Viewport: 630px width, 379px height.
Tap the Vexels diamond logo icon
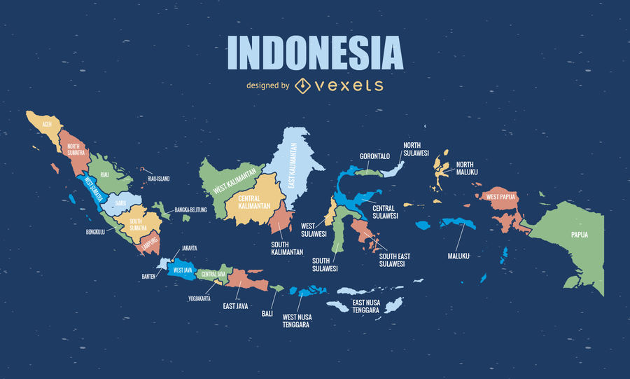[x=302, y=85]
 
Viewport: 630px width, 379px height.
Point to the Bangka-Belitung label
[x=190, y=209]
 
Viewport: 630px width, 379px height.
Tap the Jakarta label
[x=189, y=248]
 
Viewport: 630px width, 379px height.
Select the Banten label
[x=148, y=276]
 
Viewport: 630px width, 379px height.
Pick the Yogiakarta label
[x=199, y=297]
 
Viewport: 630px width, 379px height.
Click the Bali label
[x=267, y=313]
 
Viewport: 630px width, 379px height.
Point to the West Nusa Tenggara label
[x=297, y=321]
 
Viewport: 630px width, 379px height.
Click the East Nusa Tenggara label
[x=365, y=306]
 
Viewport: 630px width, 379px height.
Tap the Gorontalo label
[x=374, y=156]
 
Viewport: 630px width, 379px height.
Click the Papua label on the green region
[x=579, y=235]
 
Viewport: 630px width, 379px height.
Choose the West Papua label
[x=500, y=197]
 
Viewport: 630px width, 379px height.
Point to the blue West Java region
[x=183, y=270]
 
